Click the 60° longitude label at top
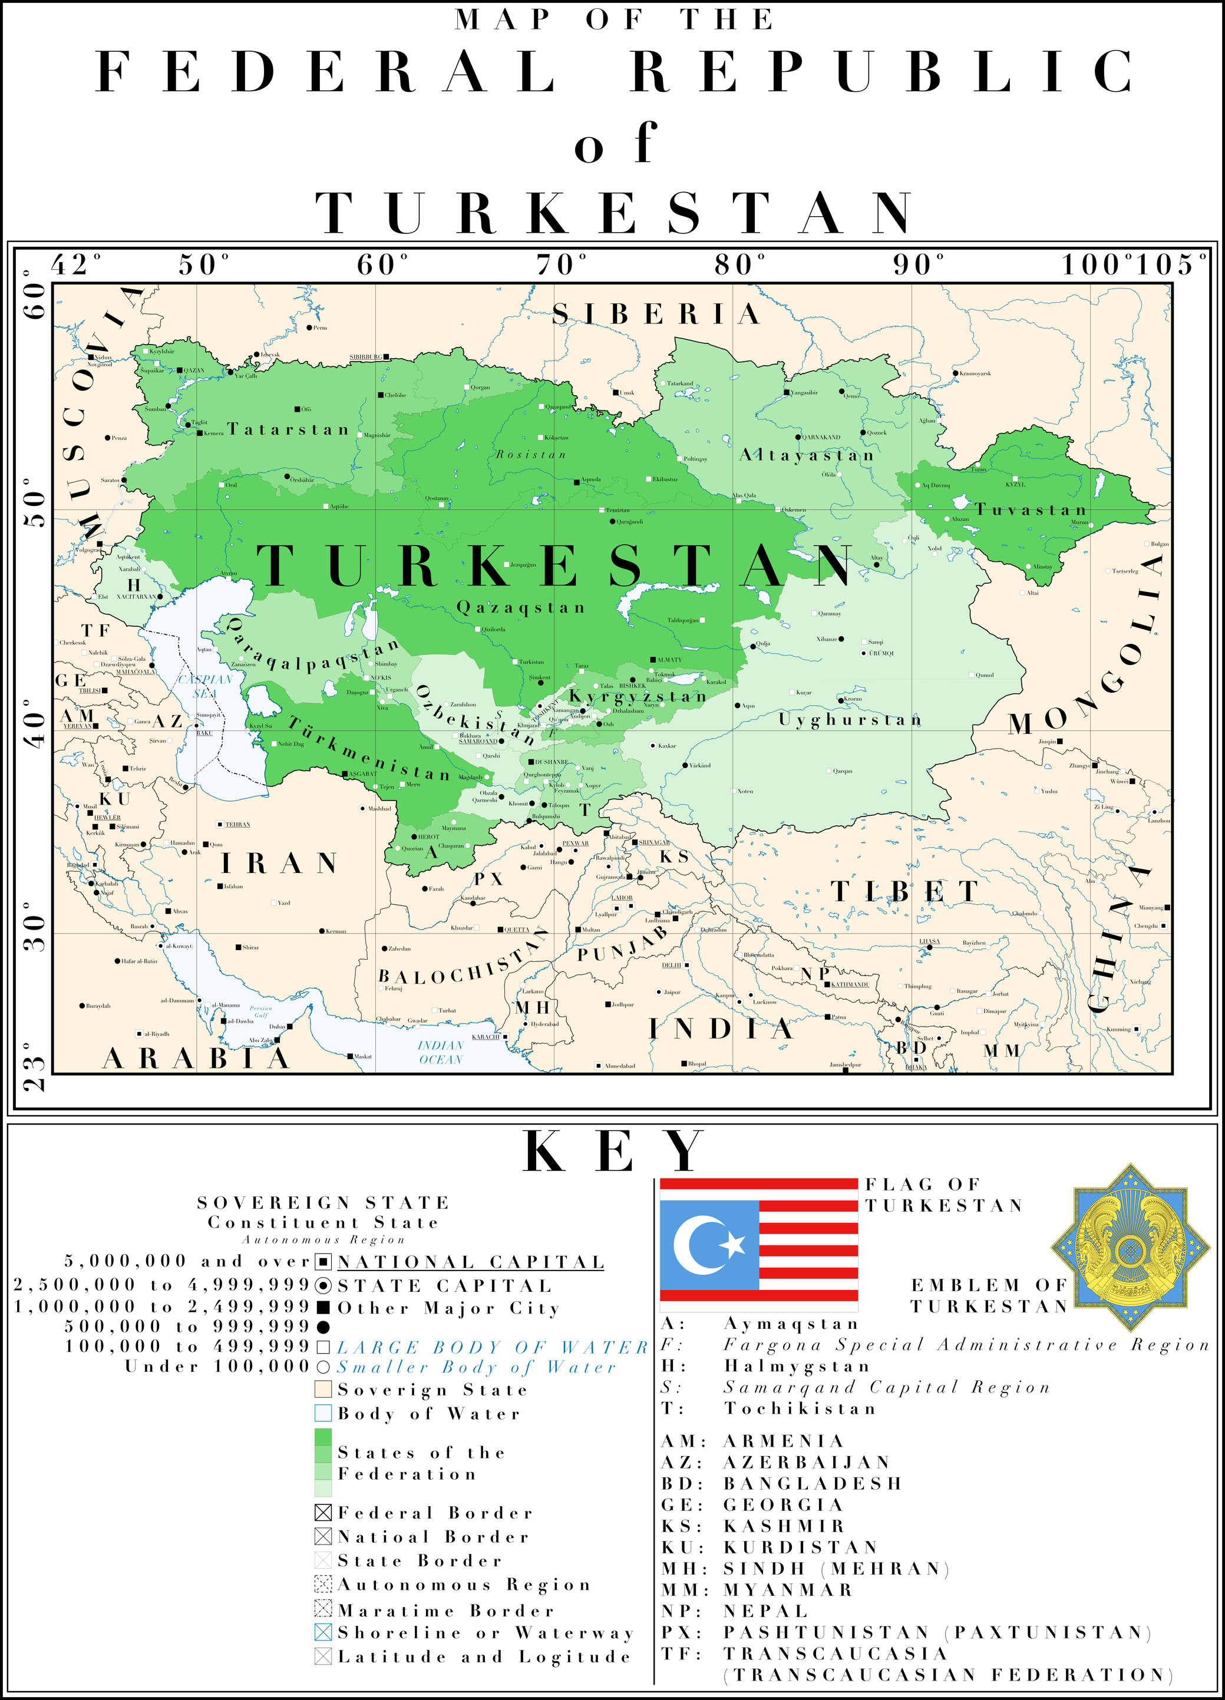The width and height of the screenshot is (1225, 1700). pyautogui.click(x=382, y=264)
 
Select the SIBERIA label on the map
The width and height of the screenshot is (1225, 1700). pyautogui.click(x=657, y=314)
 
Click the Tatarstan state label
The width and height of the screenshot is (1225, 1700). pyautogui.click(x=289, y=429)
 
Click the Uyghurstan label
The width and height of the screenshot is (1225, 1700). pyautogui.click(x=850, y=720)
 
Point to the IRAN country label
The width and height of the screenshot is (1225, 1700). pyautogui.click(x=280, y=864)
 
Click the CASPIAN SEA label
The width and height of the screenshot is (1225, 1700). pyautogui.click(x=204, y=686)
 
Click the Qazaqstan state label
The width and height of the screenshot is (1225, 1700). pyautogui.click(x=521, y=607)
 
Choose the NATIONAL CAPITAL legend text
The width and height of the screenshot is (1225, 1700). pyautogui.click(x=470, y=1262)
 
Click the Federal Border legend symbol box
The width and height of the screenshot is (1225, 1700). pyautogui.click(x=323, y=1513)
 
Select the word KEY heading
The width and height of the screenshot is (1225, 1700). pyautogui.click(x=613, y=1152)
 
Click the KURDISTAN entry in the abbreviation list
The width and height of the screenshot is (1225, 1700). pyautogui.click(x=800, y=1547)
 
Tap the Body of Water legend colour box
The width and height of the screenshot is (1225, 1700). pyautogui.click(x=323, y=1413)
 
